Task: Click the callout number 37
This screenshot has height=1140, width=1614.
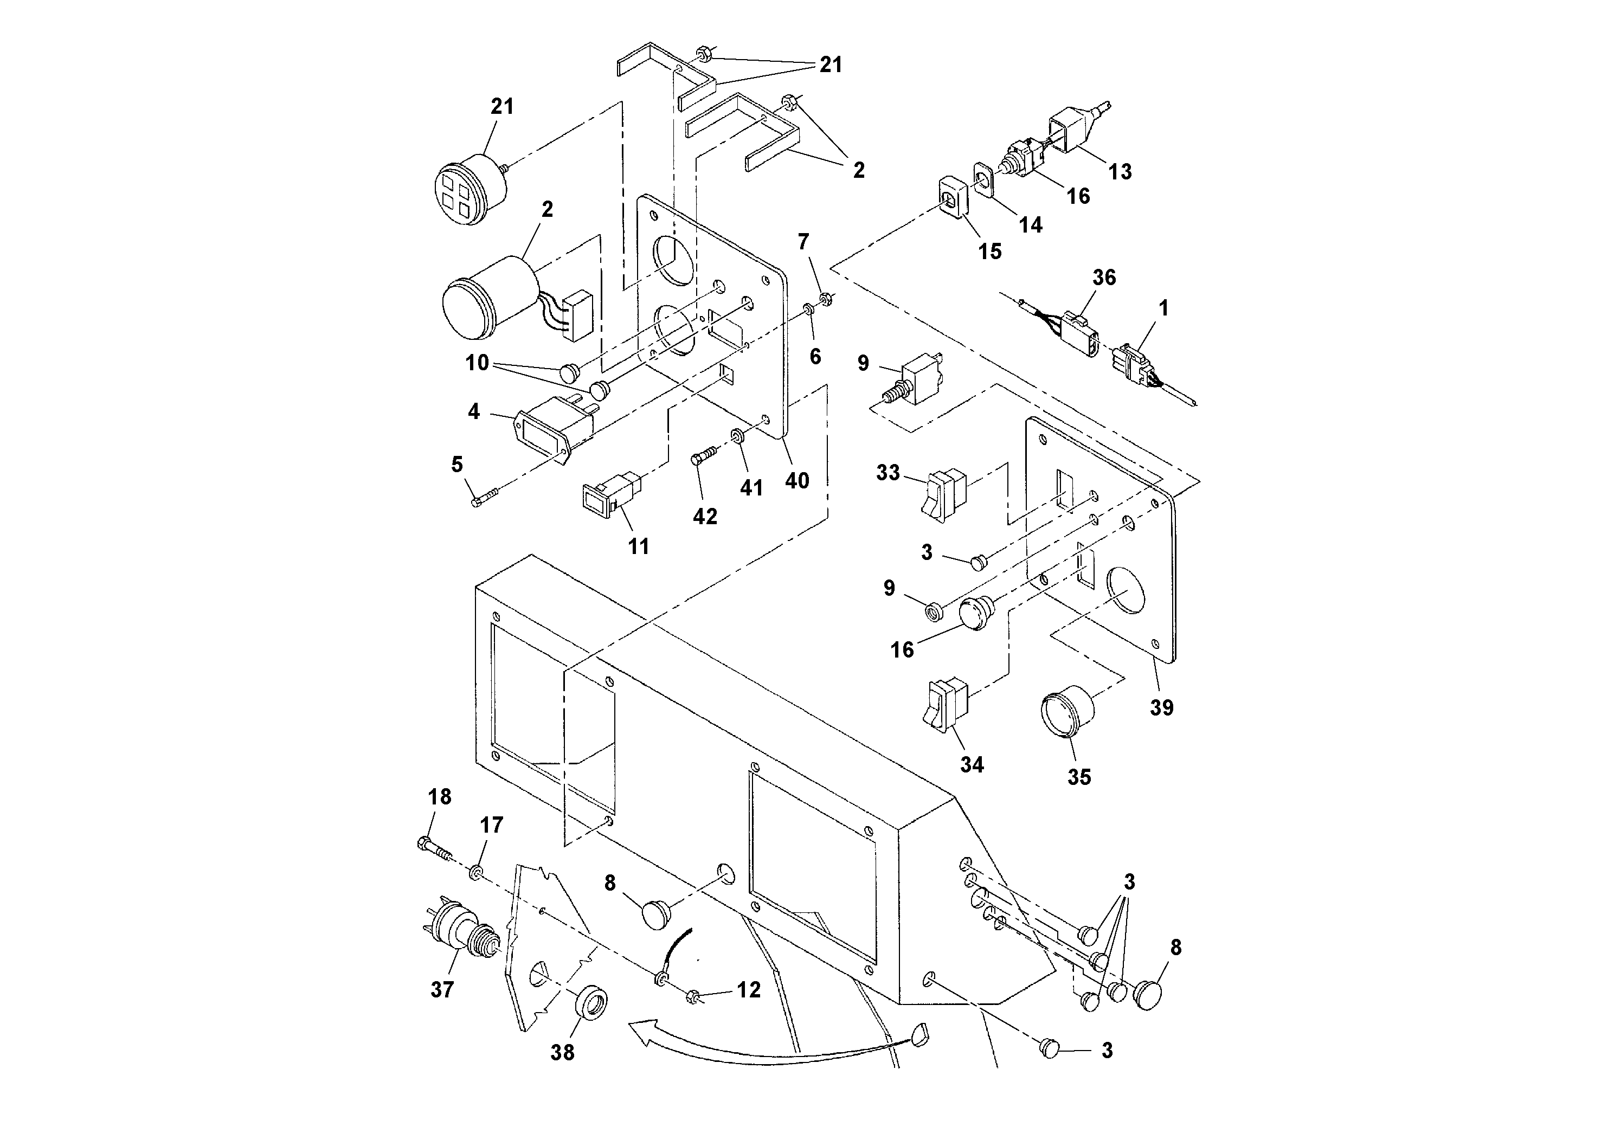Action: pyautogui.click(x=442, y=990)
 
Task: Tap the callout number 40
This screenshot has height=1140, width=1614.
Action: pyautogui.click(x=797, y=481)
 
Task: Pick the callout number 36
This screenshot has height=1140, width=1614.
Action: pyautogui.click(x=1104, y=278)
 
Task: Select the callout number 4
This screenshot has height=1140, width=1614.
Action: pyautogui.click(x=474, y=411)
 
